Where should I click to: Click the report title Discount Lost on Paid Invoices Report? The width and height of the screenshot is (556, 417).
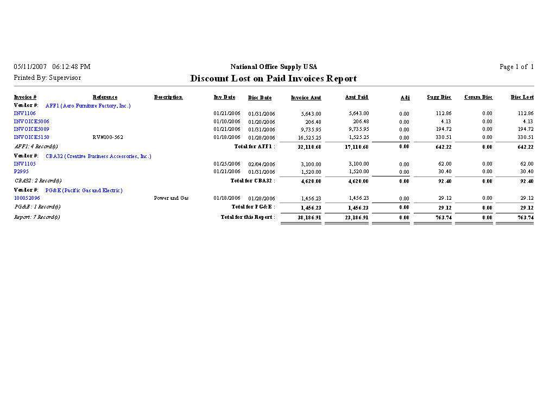(x=273, y=79)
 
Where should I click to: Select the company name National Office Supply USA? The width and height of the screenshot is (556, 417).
(x=274, y=67)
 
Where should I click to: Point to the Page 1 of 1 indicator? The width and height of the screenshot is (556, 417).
(x=516, y=67)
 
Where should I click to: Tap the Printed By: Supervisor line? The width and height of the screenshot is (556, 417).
(x=47, y=78)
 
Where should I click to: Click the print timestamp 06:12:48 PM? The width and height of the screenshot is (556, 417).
(x=71, y=67)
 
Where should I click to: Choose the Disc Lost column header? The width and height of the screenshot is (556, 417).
(x=522, y=97)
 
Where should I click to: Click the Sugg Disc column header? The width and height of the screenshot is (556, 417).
(x=439, y=97)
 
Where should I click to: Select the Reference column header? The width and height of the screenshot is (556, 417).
(x=105, y=97)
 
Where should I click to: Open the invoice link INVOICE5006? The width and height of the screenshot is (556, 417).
(x=31, y=122)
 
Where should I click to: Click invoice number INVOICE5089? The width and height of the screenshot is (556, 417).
(x=31, y=129)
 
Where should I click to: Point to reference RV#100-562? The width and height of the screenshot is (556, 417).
(x=108, y=137)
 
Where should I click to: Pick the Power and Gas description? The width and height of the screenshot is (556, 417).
(x=171, y=198)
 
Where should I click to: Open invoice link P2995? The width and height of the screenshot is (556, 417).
(x=22, y=172)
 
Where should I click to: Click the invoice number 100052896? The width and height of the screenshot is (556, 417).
(x=27, y=198)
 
